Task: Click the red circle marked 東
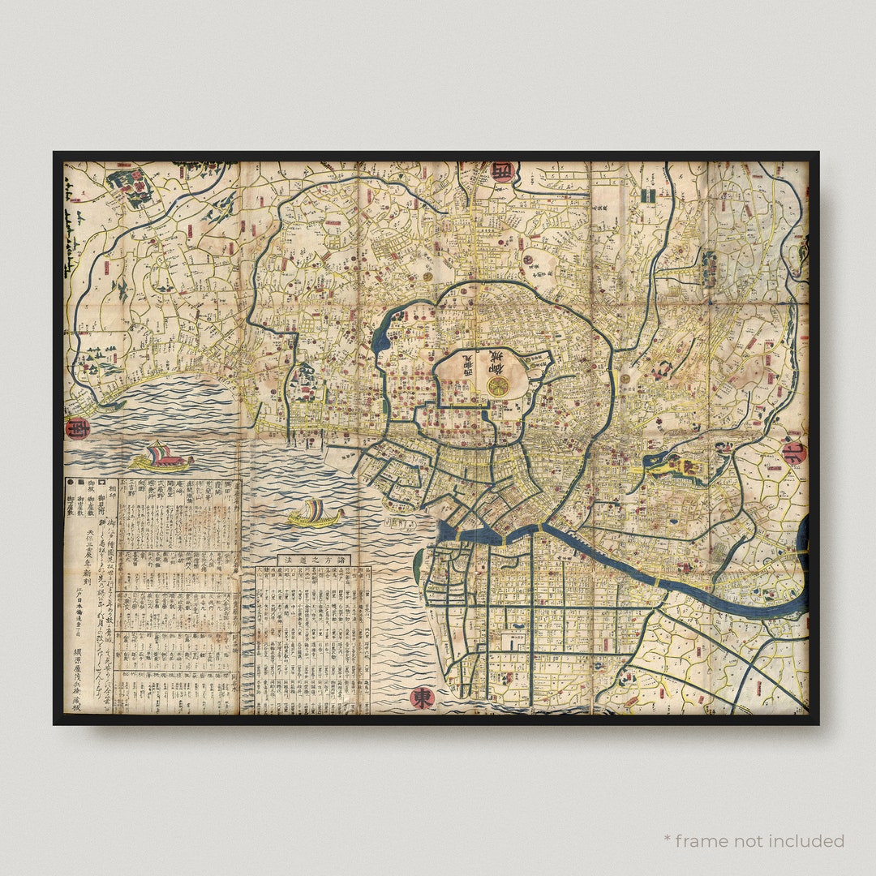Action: point(422,698)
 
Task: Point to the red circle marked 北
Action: point(794,453)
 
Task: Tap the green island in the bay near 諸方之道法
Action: point(417,566)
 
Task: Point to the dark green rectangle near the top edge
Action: point(646,195)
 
